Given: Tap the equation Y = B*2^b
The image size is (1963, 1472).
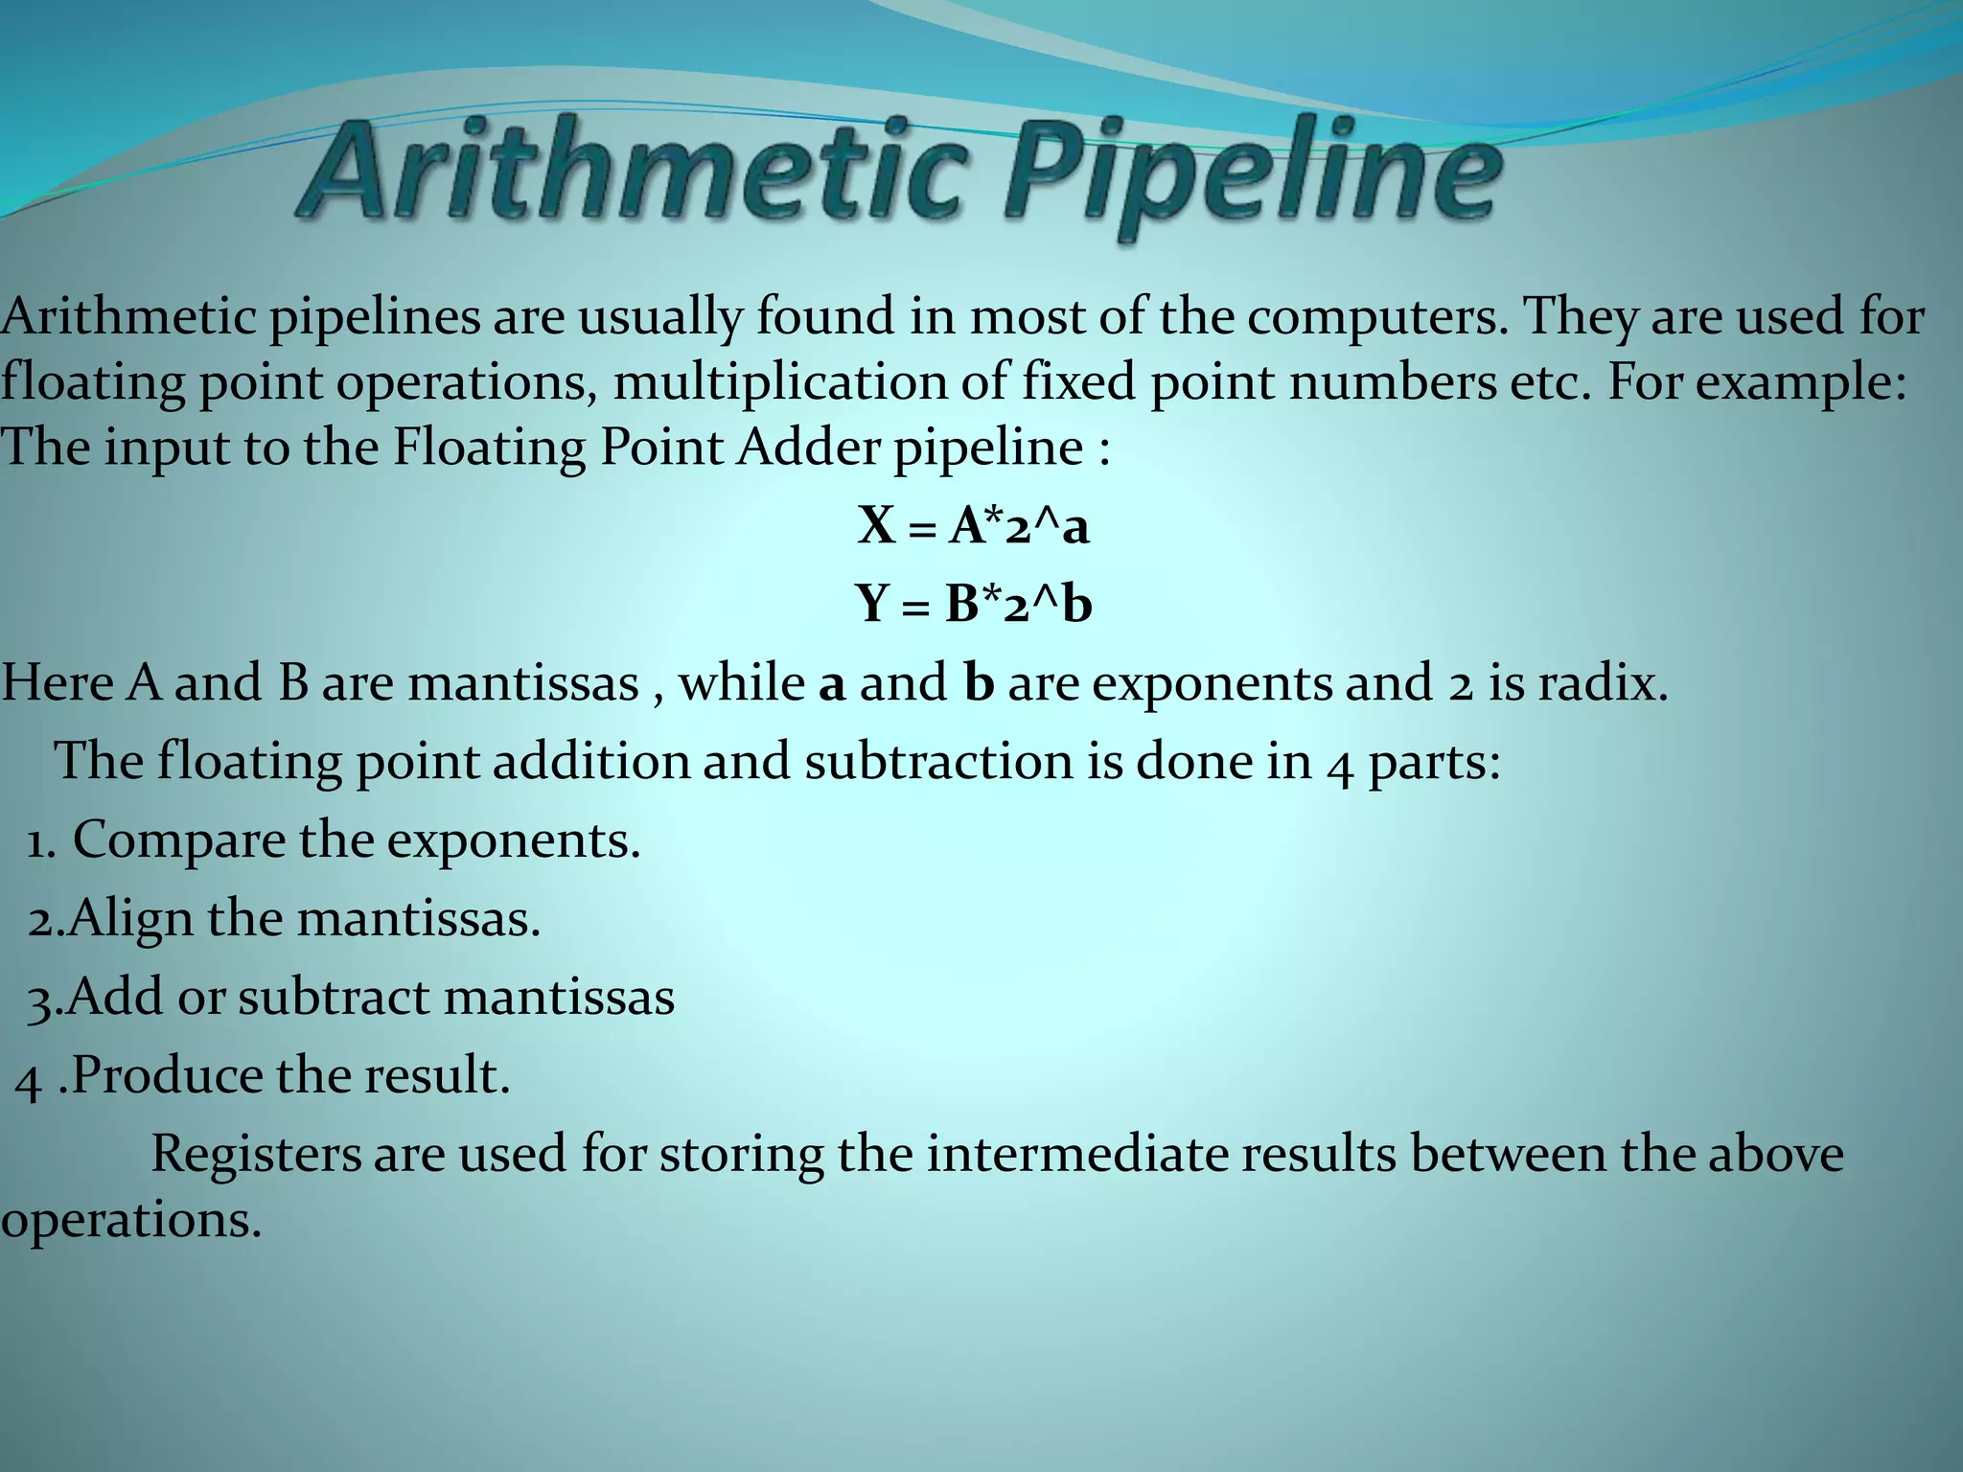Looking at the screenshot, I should coord(974,604).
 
